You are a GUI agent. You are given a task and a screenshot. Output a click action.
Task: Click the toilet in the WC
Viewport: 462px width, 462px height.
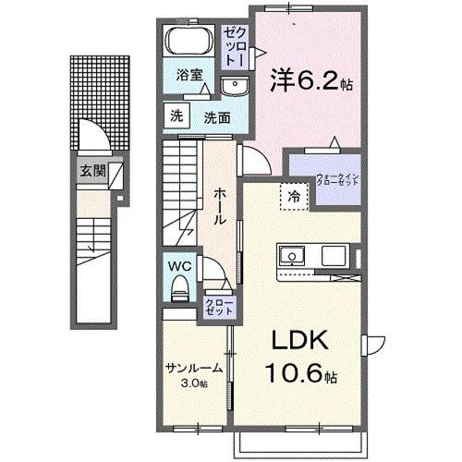pyautogui.click(x=181, y=288)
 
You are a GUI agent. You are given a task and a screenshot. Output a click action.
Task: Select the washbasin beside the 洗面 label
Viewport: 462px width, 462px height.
pyautogui.click(x=235, y=87)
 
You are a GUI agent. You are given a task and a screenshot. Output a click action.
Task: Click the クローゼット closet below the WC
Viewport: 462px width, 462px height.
pyautogui.click(x=217, y=306)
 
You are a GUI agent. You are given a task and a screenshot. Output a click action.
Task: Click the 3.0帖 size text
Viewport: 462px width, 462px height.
pyautogui.click(x=195, y=382)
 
